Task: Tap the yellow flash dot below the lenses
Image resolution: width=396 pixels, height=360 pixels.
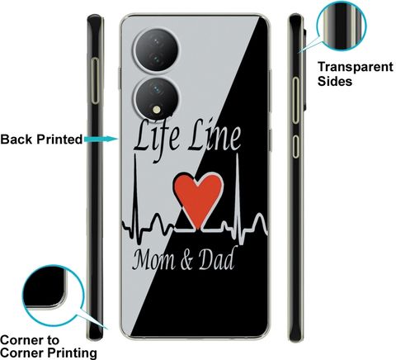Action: pos(157,110)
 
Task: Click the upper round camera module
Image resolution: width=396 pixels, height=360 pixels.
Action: pos(156,50)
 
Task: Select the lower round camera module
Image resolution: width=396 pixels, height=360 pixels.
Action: pos(156,97)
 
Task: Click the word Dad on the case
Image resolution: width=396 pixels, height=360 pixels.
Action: pos(216,258)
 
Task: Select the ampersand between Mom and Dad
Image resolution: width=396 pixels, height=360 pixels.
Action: pos(187,261)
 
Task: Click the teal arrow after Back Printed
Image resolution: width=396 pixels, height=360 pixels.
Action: pos(101,139)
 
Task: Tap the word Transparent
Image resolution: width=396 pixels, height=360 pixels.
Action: pos(356,67)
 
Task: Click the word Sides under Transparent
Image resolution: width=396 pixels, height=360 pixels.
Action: pos(335,81)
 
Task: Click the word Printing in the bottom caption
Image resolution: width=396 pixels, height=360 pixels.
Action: pos(72,353)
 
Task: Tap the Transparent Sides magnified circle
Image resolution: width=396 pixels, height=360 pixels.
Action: pos(342,26)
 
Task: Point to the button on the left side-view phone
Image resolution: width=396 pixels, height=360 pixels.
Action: pos(95,81)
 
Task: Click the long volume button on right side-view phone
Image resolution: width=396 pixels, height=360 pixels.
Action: pos(295,100)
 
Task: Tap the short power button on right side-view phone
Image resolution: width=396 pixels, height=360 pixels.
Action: pos(295,146)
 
